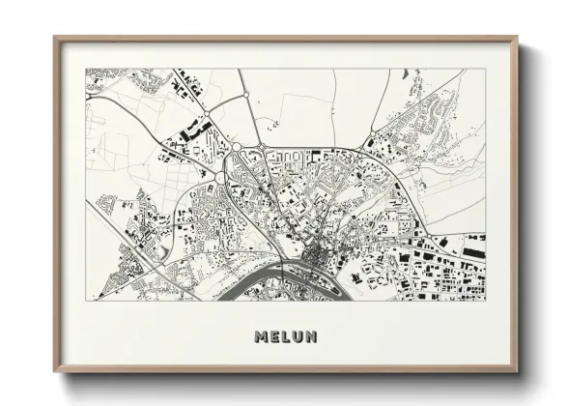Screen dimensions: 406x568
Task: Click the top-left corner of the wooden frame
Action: click(x=54, y=38)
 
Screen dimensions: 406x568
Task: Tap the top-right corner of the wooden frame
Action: click(x=518, y=38)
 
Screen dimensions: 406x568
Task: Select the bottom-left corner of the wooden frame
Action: click(x=54, y=372)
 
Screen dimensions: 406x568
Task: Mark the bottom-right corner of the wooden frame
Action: click(x=518, y=372)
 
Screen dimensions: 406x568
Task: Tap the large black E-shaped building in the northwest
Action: click(x=197, y=128)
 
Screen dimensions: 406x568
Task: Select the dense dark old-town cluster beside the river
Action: click(x=316, y=257)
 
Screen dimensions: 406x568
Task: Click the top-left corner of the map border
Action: click(x=86, y=69)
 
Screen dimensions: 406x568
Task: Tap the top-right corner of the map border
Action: click(x=486, y=69)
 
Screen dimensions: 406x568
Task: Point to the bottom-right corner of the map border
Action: click(x=486, y=301)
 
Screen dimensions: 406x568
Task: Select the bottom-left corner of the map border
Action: click(x=86, y=301)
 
